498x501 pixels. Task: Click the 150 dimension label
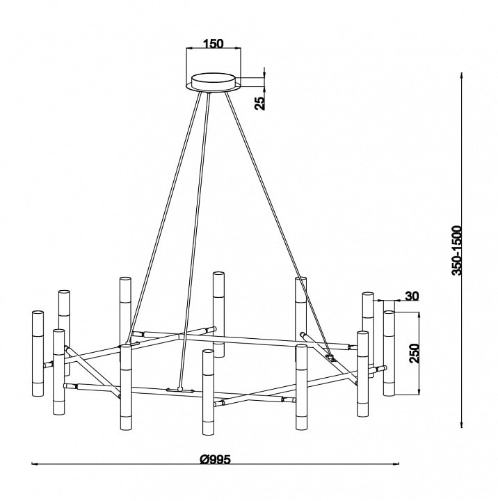214,43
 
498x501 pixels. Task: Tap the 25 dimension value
260,103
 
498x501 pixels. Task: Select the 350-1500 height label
457,250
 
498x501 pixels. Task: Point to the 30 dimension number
412,296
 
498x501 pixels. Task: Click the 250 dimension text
415,353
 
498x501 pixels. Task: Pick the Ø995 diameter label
215,460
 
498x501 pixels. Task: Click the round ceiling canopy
213,82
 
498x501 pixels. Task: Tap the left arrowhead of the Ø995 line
34,463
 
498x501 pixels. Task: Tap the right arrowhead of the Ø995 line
397,463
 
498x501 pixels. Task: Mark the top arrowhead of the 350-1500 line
461,75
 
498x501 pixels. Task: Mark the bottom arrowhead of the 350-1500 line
461,424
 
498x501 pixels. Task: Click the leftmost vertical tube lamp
38,353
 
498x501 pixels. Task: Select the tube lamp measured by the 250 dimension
389,353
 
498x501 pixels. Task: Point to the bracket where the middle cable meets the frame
180,390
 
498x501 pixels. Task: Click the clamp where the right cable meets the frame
331,357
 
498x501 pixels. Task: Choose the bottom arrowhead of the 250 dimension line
419,392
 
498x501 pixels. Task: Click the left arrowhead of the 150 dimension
188,49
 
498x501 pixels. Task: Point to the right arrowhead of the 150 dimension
238,49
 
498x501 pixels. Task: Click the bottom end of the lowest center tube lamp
208,434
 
